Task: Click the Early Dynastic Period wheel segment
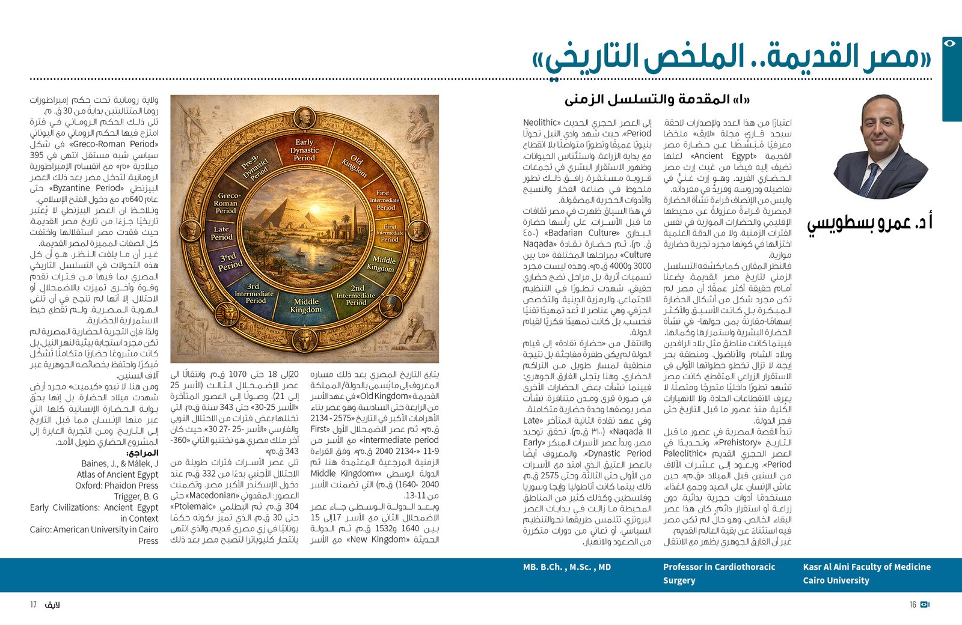point(304,150)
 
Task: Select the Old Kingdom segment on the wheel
point(354,166)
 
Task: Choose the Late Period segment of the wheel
point(221,233)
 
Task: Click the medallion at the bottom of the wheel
point(305,341)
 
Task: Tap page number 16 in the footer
point(913,605)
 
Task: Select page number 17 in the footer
point(34,605)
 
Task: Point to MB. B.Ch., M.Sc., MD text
point(566,567)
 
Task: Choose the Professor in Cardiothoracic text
point(719,567)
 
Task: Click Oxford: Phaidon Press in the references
point(117,486)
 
